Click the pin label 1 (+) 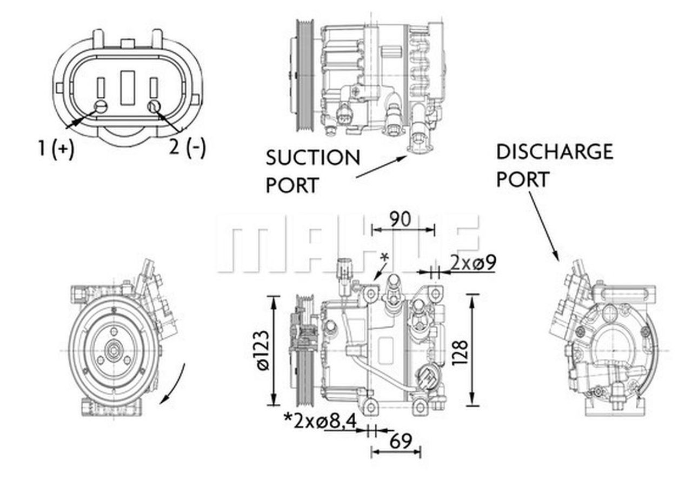[x=56, y=148]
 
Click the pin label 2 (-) [x=187, y=146]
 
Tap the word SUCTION [x=312, y=158]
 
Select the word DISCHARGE [x=554, y=152]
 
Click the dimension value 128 [x=461, y=353]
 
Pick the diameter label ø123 [x=263, y=350]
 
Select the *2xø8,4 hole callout [x=320, y=421]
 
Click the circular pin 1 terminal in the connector [x=101, y=106]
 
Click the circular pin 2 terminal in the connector [x=154, y=106]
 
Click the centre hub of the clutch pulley [x=113, y=352]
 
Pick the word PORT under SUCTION [x=292, y=185]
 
